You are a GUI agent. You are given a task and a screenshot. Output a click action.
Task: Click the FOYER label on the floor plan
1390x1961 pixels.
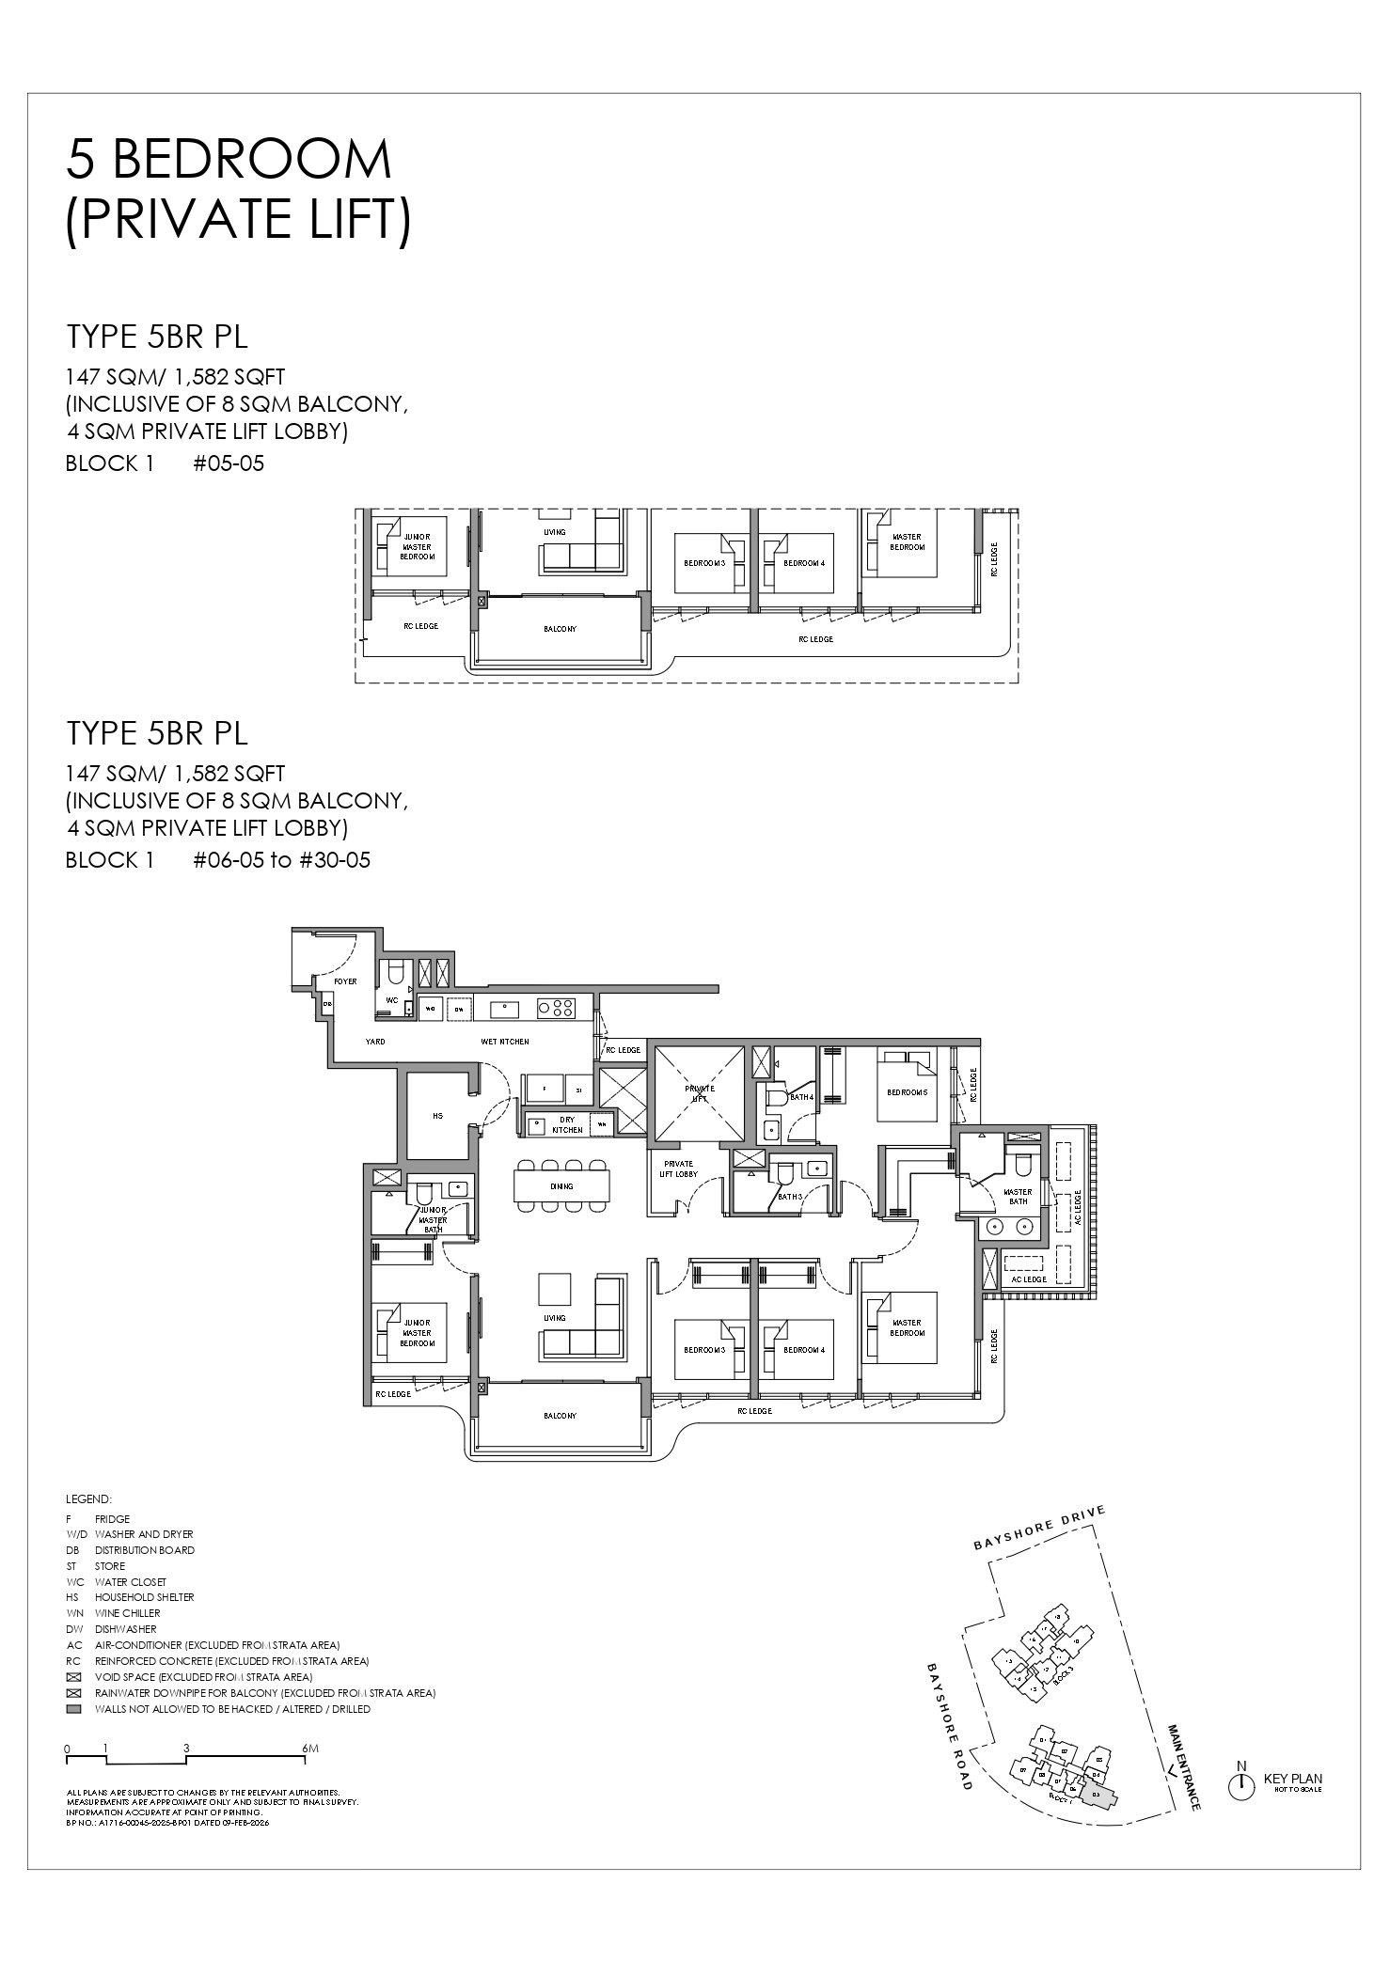(345, 981)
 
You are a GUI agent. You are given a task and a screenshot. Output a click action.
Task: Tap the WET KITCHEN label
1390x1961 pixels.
(506, 1042)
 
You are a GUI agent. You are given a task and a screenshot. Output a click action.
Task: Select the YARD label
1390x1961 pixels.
(374, 1042)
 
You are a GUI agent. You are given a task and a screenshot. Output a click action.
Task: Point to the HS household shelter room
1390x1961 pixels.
(437, 1116)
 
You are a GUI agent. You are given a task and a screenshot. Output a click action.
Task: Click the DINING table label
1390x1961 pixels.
(561, 1186)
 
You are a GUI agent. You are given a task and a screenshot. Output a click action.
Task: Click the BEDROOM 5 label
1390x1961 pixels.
(907, 1092)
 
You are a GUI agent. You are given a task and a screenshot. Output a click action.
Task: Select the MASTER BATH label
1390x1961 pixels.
(1018, 1196)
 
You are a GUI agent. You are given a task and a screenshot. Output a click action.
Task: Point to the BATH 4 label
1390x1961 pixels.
(801, 1097)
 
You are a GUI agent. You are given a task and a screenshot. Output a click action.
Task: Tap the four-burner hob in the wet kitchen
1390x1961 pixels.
(556, 1009)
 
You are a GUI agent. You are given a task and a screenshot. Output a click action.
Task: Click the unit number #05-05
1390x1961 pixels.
(229, 463)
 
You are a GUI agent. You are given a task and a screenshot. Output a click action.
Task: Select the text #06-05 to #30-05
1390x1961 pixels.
(281, 860)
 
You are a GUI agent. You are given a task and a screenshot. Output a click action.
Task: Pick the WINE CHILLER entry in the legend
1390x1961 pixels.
(127, 1613)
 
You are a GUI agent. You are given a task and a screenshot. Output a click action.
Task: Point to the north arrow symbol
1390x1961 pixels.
(1240, 1785)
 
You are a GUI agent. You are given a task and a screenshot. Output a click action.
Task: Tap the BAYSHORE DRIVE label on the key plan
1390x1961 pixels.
(1039, 1529)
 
